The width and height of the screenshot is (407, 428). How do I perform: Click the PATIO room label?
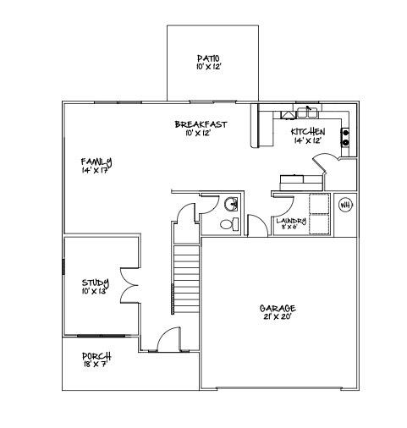[x=209, y=58]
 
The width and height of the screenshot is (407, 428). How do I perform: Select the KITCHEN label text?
[x=308, y=132]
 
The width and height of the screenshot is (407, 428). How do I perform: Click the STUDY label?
[x=94, y=283]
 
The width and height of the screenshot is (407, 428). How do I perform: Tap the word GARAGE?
[x=277, y=309]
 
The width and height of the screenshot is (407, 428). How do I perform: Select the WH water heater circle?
[x=345, y=205]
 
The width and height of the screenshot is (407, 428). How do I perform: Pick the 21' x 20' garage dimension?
[x=277, y=318]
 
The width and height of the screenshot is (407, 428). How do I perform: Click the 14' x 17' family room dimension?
[x=97, y=170]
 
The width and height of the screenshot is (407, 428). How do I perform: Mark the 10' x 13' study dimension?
[x=94, y=292]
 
